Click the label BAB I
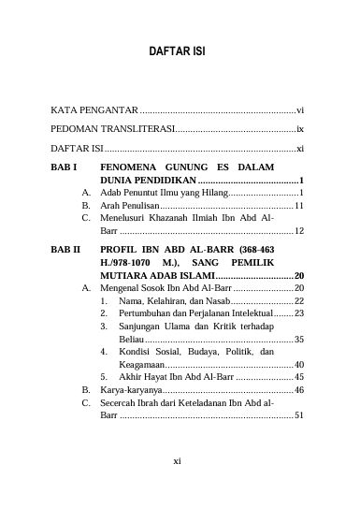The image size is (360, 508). click(66, 165)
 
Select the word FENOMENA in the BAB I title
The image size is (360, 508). click(130, 165)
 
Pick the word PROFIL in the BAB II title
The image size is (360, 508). click(122, 251)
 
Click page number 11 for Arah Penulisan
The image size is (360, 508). click(299, 204)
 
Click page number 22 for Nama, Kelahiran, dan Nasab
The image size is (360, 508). click(299, 303)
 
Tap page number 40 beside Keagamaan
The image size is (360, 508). click(299, 364)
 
